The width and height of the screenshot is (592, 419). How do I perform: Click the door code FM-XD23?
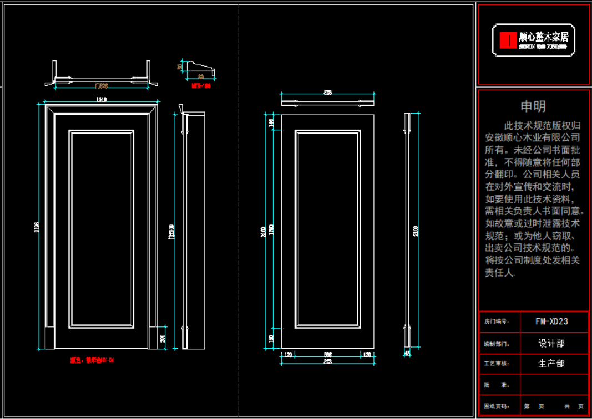[551, 321]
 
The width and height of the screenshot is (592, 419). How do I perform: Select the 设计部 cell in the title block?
[551, 344]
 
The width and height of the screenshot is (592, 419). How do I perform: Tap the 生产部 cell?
[551, 364]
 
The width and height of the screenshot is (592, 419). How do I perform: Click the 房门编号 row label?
[497, 321]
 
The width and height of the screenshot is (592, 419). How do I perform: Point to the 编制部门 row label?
[497, 344]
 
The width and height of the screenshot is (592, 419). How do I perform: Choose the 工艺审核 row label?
[497, 364]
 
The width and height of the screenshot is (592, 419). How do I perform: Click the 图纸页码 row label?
[497, 407]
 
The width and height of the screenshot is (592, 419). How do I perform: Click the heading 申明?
[533, 106]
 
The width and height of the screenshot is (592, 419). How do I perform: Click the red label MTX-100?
[201, 86]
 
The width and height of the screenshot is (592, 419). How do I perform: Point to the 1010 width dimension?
[101, 100]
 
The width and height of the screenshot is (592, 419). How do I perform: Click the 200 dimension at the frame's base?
[163, 338]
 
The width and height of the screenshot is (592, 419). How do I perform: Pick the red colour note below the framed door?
[92, 360]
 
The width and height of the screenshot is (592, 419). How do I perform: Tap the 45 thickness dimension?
[407, 353]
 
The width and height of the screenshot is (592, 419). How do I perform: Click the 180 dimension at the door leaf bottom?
[271, 338]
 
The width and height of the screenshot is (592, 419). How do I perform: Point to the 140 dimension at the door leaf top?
[271, 122]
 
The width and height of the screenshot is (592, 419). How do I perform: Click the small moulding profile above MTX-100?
[200, 69]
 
